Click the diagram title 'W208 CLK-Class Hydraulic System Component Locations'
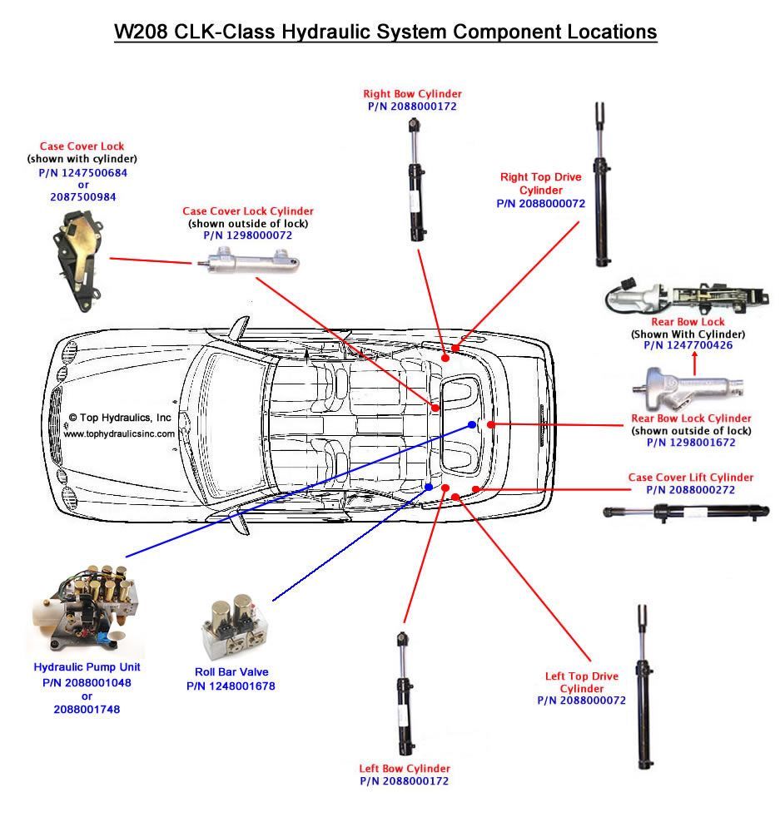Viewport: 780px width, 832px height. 385,32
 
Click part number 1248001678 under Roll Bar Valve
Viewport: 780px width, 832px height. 231,686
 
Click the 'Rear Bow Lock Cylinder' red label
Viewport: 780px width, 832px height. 691,418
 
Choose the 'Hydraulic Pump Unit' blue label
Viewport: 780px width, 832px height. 87,667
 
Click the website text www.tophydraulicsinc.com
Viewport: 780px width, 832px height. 119,433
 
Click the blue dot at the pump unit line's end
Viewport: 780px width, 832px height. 472,425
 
